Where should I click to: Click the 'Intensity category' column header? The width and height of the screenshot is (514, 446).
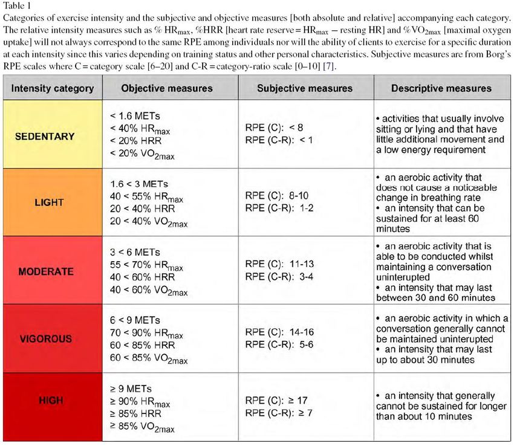(53, 88)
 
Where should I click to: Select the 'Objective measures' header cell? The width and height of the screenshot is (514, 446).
(167, 88)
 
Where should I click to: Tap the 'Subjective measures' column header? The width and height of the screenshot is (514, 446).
(304, 88)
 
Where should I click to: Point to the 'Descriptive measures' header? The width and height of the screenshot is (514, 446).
(441, 88)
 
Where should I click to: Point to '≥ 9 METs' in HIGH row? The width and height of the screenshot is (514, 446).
(131, 389)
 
